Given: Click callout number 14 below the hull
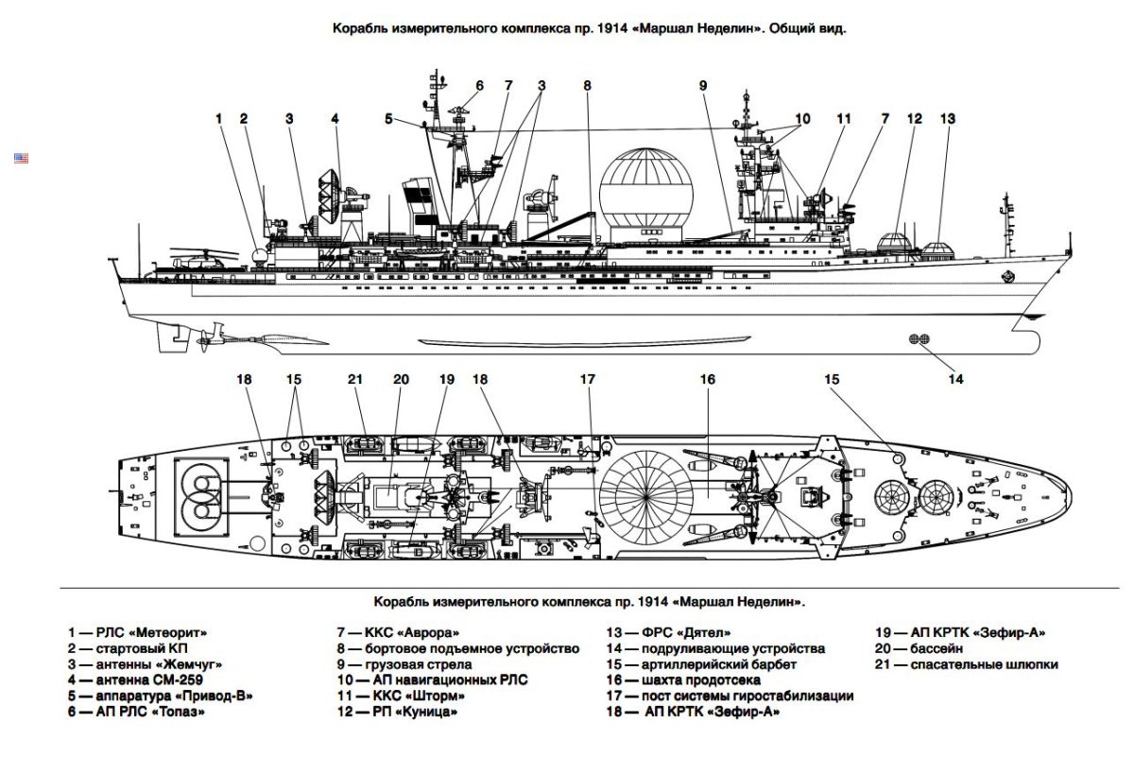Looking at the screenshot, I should coord(956,380).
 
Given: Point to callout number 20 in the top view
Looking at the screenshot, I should coord(402,380).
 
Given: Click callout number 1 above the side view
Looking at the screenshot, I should coord(218,119).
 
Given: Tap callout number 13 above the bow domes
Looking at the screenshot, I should coord(948,119).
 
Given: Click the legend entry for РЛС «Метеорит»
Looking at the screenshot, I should coord(136,631).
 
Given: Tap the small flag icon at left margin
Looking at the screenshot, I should coord(21,158).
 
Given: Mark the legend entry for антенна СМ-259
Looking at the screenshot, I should coord(134,680).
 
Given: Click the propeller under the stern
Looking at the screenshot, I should coord(210,333).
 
